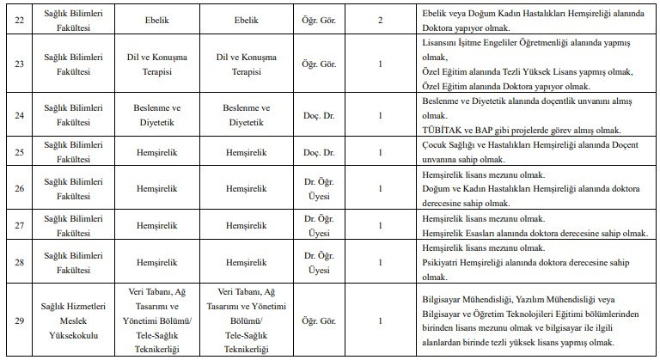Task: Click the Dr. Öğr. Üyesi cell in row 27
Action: point(326,224)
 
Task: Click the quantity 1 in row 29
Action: point(381,322)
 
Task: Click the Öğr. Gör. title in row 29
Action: point(326,322)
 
